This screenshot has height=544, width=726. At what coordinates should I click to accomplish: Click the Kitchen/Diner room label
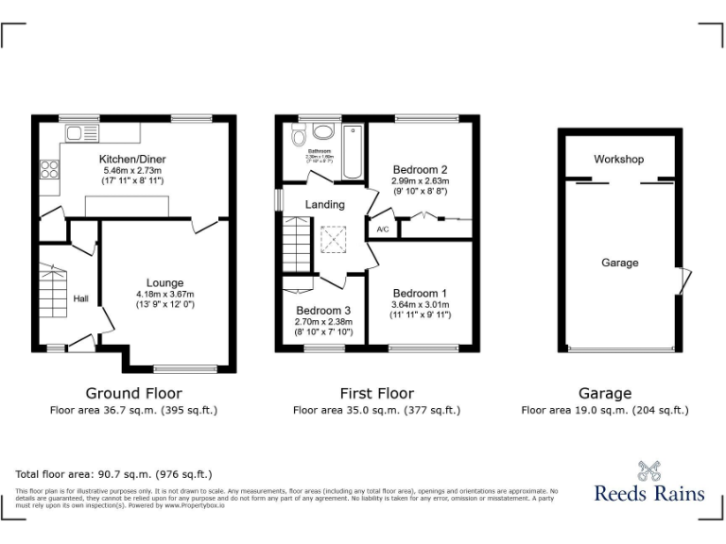[132, 160]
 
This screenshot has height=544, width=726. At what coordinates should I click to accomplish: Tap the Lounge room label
[164, 282]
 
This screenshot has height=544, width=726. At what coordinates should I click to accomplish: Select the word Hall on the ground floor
[81, 299]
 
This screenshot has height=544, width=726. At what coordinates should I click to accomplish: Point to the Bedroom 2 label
[420, 170]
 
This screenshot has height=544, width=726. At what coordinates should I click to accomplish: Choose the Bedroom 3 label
[323, 311]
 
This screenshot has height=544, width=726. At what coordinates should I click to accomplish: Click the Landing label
[324, 204]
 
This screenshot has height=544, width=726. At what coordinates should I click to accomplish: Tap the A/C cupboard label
[383, 229]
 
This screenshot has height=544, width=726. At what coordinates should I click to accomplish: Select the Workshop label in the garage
[618, 159]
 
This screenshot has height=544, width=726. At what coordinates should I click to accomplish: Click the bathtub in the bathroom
[353, 150]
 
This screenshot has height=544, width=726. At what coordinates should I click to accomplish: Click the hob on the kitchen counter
[49, 172]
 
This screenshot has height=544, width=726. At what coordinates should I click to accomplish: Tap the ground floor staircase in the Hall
[53, 294]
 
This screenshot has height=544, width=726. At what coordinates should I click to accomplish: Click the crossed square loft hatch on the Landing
[332, 238]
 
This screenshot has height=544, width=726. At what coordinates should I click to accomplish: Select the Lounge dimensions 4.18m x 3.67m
[164, 295]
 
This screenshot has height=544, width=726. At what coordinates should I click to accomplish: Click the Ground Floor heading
[133, 393]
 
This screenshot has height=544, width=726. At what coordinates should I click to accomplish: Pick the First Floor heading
[376, 393]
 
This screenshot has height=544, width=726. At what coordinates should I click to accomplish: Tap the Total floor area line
[114, 474]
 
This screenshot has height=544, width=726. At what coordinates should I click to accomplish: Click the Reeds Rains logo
[648, 483]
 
